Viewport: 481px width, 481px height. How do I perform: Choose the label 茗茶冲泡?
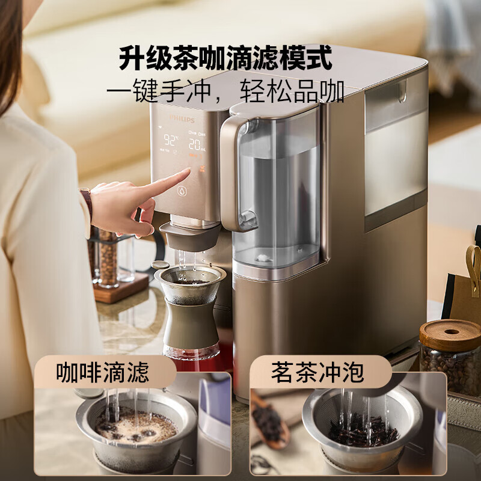pyautogui.click(x=317, y=372)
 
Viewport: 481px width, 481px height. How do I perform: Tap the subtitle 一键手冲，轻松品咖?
pyautogui.click(x=225, y=93)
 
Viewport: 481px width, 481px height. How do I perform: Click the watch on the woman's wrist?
pyautogui.click(x=87, y=201)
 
